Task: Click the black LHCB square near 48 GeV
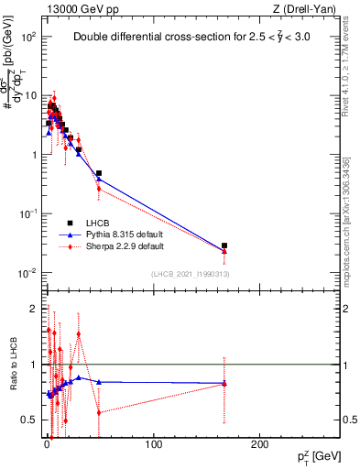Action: point(98,173)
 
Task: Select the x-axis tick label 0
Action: point(47,445)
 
